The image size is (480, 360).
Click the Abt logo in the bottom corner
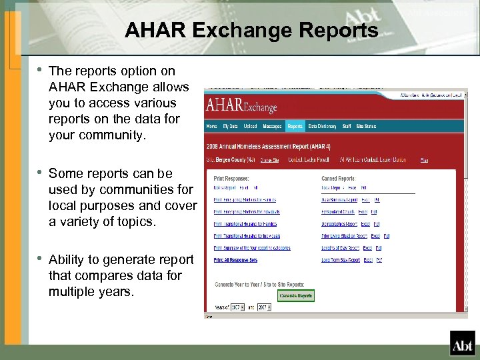(461, 344)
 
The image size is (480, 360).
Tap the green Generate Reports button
(296, 295)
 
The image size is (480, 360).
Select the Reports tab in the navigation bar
(295, 126)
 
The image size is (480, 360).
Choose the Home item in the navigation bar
(211, 126)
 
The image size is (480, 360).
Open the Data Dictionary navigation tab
(322, 126)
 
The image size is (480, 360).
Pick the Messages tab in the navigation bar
(271, 126)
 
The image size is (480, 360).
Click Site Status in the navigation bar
(366, 126)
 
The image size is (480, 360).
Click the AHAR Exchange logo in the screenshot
(241, 106)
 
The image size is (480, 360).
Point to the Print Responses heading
(231, 179)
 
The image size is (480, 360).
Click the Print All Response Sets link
(235, 260)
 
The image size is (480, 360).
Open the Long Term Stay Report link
(341, 260)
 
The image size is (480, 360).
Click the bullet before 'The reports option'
(40, 70)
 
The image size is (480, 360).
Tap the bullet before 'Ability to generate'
(40, 259)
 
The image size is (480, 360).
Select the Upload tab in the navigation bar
(250, 126)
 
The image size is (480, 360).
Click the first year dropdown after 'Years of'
(237, 307)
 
